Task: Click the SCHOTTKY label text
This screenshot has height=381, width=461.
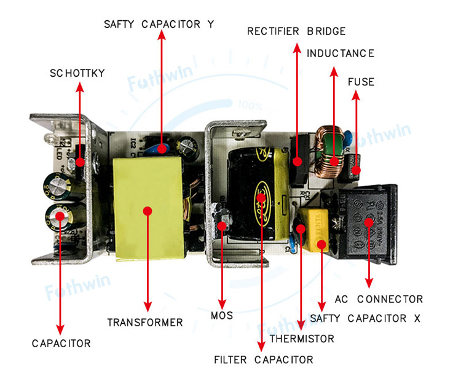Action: [x=77, y=73]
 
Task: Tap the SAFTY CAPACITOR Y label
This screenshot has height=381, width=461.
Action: [x=159, y=25]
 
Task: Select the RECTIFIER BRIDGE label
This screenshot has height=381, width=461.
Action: [x=296, y=31]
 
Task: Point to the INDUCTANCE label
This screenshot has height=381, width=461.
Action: [x=340, y=53]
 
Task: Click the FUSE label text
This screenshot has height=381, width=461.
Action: [x=361, y=82]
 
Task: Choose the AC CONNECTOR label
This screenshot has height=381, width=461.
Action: [x=379, y=299]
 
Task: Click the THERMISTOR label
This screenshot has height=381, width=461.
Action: [x=302, y=339]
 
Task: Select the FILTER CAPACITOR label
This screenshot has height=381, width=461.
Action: [x=263, y=359]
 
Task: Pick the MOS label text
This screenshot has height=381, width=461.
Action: [x=222, y=316]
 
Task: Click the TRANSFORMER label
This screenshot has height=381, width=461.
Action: [x=145, y=323]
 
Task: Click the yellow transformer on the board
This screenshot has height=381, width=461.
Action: [x=148, y=206]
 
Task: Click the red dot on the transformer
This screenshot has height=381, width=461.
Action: [x=148, y=211]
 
